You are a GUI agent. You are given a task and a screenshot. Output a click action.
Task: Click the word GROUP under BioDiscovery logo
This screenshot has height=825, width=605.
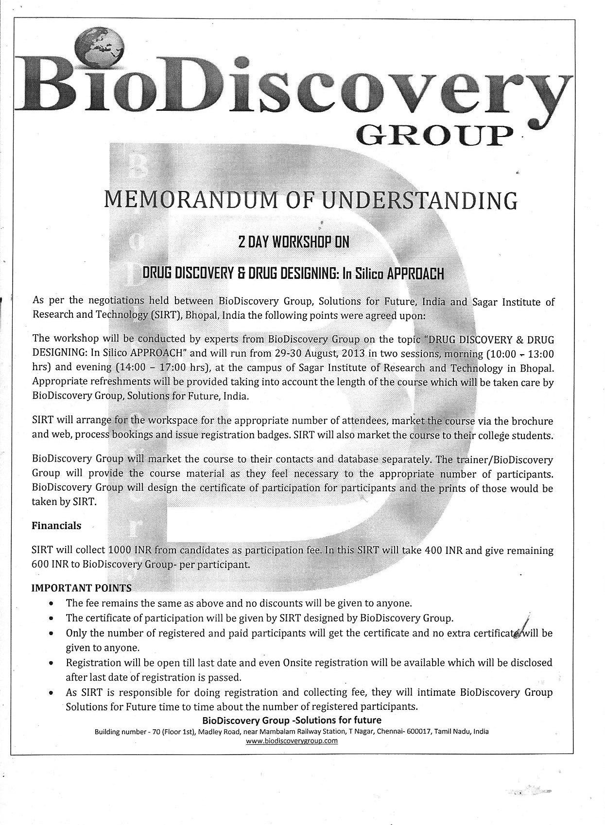(434, 136)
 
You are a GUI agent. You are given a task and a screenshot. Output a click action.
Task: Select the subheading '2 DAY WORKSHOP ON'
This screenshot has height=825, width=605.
(294, 242)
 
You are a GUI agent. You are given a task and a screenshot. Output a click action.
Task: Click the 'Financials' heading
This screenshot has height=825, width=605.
(56, 526)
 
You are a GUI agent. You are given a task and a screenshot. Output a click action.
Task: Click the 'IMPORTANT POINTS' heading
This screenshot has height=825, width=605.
(81, 588)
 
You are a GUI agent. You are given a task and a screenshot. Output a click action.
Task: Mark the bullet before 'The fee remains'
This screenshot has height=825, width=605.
(51, 604)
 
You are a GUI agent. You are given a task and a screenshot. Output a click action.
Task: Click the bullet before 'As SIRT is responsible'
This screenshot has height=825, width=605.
(51, 693)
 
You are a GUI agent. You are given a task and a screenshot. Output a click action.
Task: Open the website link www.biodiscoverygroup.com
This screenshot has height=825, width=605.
(292, 741)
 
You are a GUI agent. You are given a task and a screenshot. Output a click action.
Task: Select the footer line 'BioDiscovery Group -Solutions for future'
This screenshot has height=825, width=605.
(292, 720)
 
